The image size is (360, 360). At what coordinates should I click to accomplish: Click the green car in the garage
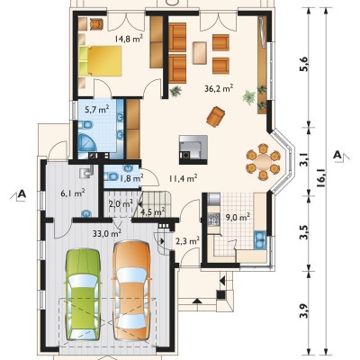83,294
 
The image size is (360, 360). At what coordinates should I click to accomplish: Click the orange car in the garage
131,288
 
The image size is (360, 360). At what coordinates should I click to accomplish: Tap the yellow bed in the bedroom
101,61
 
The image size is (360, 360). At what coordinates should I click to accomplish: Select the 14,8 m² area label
129,39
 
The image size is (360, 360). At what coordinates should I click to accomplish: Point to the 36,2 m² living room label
219,88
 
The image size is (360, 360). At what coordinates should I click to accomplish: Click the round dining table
263,162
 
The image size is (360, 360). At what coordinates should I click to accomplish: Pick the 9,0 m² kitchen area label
238,217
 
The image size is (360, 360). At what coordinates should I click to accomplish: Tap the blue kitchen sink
260,240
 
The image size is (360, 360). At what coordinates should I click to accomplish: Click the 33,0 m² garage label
107,232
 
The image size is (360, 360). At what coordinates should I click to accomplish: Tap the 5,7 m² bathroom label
96,110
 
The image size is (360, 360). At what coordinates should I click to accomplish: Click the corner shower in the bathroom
87,142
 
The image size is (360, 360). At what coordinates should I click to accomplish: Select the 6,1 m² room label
73,193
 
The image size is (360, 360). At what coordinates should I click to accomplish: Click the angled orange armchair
215,116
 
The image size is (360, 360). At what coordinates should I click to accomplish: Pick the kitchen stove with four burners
214,219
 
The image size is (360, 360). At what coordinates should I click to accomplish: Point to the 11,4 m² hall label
183,179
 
